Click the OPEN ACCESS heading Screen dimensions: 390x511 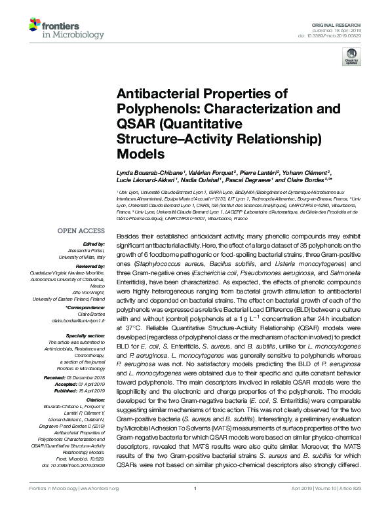(81, 231)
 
